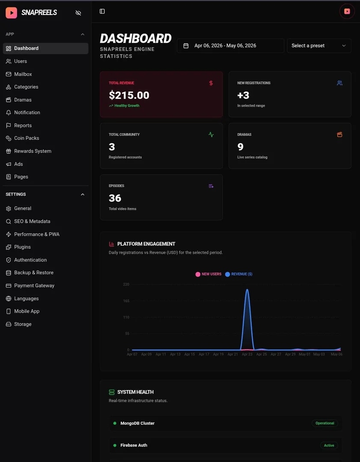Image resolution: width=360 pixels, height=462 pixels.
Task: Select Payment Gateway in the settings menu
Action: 30,285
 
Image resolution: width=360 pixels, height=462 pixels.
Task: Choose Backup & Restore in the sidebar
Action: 30,272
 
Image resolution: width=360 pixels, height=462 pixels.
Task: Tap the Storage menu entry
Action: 18,324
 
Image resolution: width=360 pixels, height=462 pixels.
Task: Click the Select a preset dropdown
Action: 319,46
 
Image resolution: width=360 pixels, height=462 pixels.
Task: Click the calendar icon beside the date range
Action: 186,46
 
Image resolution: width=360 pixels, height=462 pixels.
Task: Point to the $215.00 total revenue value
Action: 129,95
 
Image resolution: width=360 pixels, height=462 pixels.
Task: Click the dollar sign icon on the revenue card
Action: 211,83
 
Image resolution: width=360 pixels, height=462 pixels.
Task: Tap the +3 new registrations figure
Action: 243,95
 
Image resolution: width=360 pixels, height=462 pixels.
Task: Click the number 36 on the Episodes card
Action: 115,198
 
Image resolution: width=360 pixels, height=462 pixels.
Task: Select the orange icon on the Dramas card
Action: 339,135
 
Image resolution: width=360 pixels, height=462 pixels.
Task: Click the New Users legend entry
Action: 208,274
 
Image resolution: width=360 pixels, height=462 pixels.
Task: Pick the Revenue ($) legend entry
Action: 239,274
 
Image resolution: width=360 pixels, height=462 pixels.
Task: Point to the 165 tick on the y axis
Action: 126,301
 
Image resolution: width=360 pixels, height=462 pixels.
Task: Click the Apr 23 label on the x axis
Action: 247,354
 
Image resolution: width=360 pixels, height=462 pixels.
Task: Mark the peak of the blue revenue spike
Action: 247,289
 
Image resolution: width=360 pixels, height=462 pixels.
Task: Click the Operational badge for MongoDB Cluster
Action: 325,423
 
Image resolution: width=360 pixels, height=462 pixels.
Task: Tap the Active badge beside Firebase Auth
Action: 329,445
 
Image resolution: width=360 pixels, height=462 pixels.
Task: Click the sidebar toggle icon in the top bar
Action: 102,11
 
